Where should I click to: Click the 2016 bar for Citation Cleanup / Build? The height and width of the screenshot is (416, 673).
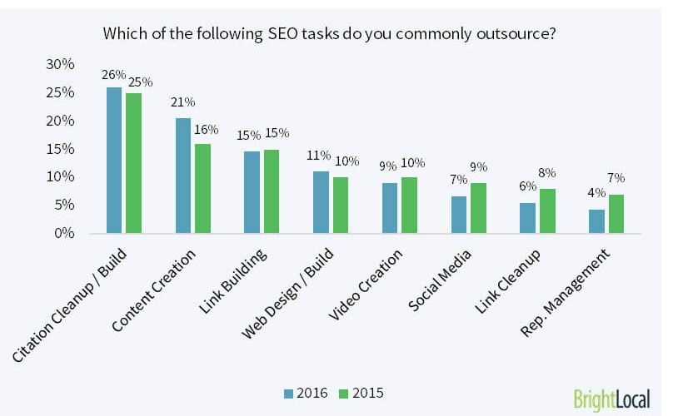pos(114,161)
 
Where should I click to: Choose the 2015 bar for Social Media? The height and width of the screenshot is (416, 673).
pos(477,208)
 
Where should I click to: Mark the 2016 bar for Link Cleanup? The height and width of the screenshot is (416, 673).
pos(527,218)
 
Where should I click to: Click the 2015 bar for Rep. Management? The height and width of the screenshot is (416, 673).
pos(616,214)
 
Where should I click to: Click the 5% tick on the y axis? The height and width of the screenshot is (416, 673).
pos(63,206)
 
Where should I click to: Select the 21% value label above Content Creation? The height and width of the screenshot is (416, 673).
pos(183,102)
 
